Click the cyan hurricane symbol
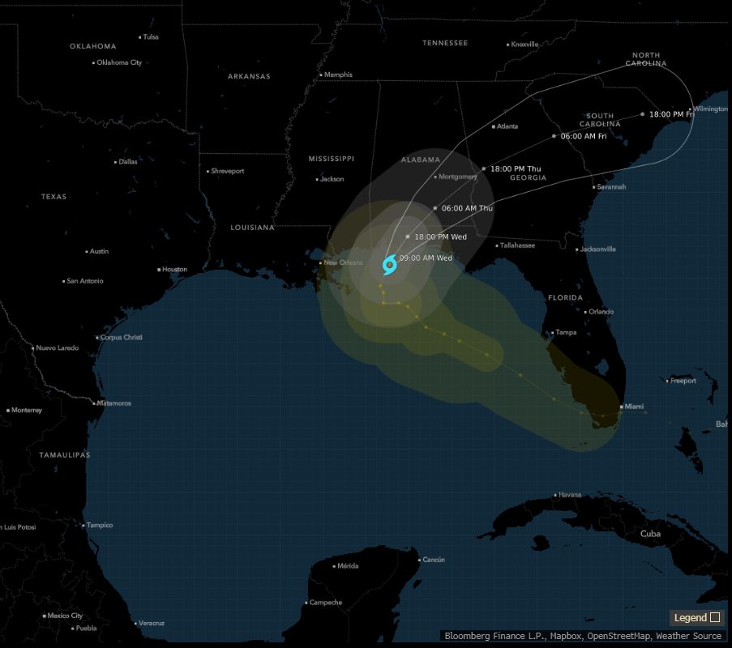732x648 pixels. click(x=389, y=264)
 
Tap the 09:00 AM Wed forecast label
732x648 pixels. click(x=426, y=258)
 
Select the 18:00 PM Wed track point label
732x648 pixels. click(x=440, y=237)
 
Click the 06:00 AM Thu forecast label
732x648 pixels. click(x=467, y=208)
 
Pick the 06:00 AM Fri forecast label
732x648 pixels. click(x=584, y=136)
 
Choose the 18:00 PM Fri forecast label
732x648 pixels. click(x=672, y=114)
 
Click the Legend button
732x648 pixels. click(x=696, y=617)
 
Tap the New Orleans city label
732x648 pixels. click(x=344, y=262)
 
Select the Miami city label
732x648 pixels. click(x=634, y=407)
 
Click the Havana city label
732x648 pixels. click(x=571, y=495)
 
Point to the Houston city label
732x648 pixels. click(x=174, y=269)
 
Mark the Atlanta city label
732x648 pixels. click(x=507, y=126)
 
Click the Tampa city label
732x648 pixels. click(x=567, y=332)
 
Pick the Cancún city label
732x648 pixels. click(x=434, y=560)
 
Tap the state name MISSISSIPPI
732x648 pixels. click(x=332, y=158)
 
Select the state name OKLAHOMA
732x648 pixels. click(x=93, y=46)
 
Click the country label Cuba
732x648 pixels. click(x=651, y=534)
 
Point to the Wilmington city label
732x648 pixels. click(x=711, y=109)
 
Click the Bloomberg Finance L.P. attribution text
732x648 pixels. click(x=486, y=636)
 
